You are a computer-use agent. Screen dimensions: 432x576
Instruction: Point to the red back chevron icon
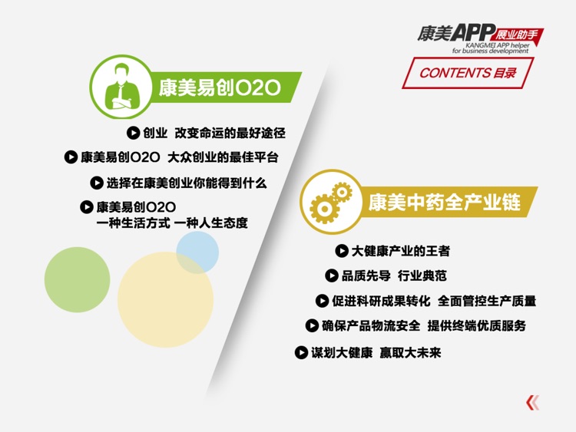[x=532, y=402]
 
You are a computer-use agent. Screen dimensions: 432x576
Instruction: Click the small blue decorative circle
[x=197, y=252]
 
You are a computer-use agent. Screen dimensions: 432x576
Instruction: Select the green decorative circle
[x=77, y=279]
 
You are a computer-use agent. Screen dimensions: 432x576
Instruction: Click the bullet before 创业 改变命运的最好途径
[x=133, y=133]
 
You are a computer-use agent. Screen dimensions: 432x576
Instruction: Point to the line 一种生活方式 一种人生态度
[x=172, y=223]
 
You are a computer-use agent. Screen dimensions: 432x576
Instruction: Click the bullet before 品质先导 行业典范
[x=332, y=275]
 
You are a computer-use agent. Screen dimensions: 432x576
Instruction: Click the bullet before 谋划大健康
[x=302, y=352]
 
